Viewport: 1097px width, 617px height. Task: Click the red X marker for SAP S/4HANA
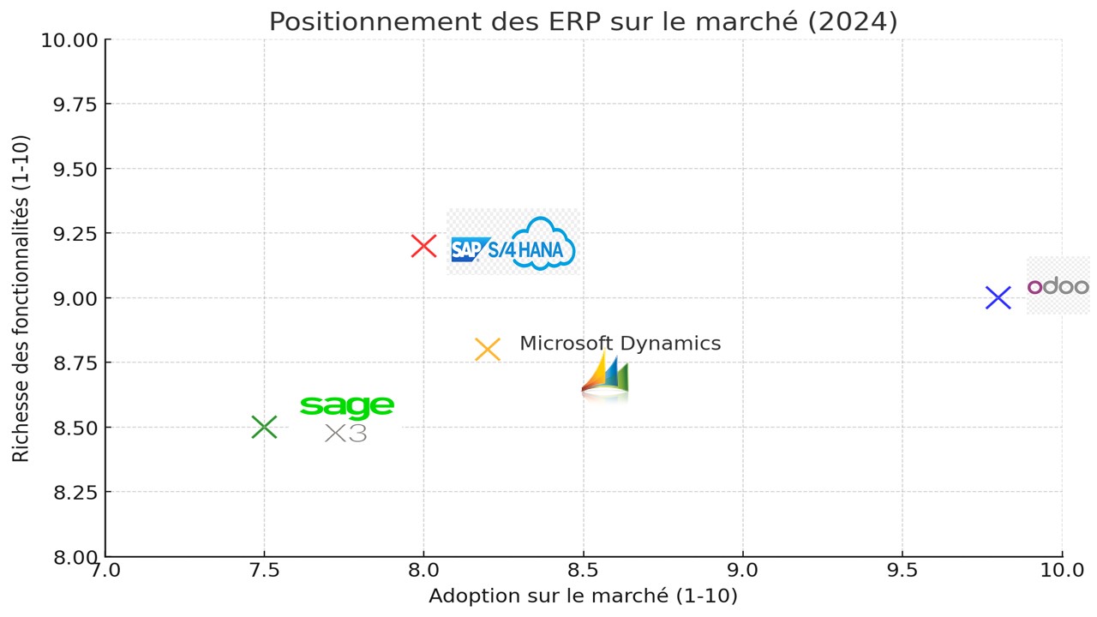[423, 246]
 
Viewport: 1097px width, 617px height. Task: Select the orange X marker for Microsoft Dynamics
[487, 350]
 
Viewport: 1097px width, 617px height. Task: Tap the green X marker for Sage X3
[264, 427]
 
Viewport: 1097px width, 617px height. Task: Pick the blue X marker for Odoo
[998, 298]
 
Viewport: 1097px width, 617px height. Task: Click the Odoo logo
[1058, 286]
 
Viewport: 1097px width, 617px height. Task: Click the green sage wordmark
[347, 406]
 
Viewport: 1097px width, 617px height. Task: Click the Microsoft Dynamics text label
[620, 344]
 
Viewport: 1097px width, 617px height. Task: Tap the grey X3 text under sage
[346, 434]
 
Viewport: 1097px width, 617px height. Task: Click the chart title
[583, 21]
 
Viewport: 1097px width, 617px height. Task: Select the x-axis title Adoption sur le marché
[583, 596]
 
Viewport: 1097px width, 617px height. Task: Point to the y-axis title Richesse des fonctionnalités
[21, 297]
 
